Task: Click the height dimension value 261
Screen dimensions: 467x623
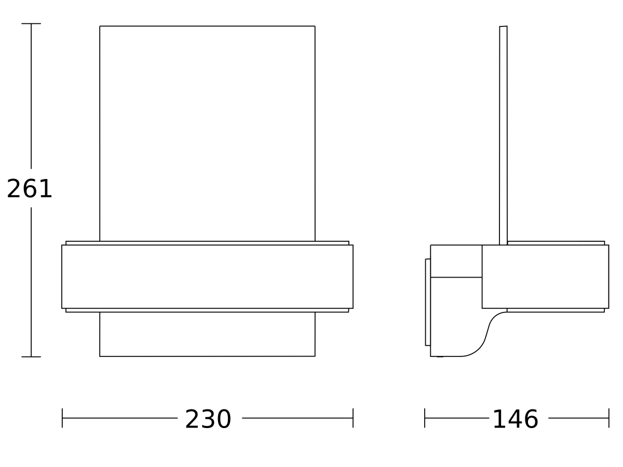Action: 30,189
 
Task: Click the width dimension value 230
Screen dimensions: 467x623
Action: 208,419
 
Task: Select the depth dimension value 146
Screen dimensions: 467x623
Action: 515,419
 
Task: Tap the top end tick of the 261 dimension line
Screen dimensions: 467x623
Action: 31,24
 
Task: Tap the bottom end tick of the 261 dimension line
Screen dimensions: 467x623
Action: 31,356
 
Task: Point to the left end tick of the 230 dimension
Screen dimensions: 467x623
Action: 62,418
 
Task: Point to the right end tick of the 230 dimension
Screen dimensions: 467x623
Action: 353,418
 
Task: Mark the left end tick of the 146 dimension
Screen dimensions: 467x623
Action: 425,418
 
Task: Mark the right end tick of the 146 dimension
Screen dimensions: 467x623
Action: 608,418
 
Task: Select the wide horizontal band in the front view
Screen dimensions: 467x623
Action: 207,277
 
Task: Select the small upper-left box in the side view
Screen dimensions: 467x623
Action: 456,261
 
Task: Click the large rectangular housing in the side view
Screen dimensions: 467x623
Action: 545,277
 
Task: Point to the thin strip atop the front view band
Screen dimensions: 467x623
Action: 207,243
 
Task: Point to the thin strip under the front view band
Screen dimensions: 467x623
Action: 207,310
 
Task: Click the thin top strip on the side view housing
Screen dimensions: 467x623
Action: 556,243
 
